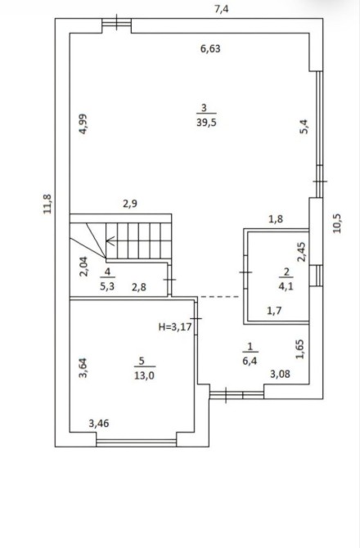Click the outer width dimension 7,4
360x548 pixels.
[221, 9]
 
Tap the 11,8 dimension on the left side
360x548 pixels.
[47, 204]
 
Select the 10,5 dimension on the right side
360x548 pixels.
[338, 223]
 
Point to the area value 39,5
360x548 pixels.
[206, 123]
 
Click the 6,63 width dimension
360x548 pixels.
[210, 48]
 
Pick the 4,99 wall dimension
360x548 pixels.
[83, 124]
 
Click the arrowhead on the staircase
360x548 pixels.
[110, 240]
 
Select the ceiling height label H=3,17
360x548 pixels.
[175, 327]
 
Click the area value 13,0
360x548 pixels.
[144, 375]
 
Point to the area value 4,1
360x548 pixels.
[286, 286]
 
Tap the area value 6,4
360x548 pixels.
[250, 361]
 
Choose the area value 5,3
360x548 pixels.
[107, 287]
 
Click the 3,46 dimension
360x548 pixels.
[99, 424]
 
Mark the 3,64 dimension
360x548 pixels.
[83, 368]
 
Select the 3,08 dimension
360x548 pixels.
[280, 374]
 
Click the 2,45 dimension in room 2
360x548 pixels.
[301, 252]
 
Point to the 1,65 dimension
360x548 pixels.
[300, 349]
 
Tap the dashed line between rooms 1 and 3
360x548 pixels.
[219, 297]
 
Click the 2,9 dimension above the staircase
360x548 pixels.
[130, 204]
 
